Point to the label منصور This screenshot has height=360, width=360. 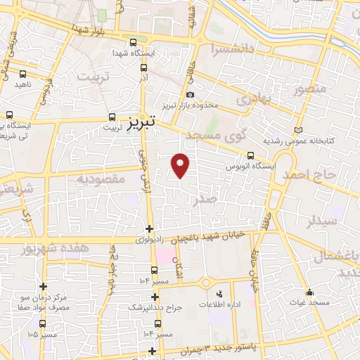[310, 89]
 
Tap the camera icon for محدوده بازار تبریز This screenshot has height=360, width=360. [190, 95]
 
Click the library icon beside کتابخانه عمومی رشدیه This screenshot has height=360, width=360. [298, 131]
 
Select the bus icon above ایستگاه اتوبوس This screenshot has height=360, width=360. [251, 156]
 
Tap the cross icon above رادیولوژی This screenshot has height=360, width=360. [148, 229]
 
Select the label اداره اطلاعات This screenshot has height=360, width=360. [218, 304]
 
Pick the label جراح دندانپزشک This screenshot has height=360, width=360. [154, 308]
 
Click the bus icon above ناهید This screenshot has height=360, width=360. [23, 73]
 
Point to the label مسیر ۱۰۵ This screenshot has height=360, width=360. [42, 334]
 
